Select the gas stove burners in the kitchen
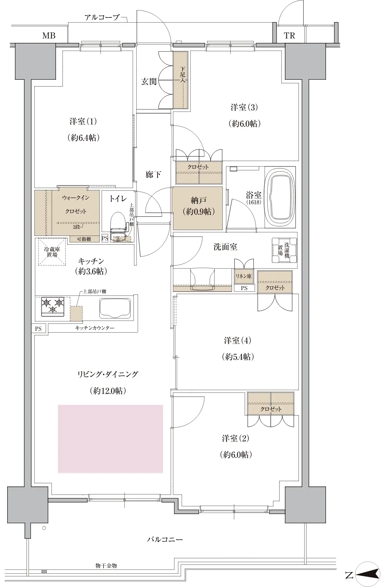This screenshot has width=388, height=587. [x=53, y=305]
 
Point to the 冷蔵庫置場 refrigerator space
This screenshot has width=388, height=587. [x=52, y=252]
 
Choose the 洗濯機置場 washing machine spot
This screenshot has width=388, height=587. [x=284, y=250]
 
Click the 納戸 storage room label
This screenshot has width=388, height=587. [x=198, y=206]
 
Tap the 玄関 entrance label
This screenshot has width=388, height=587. [x=149, y=82]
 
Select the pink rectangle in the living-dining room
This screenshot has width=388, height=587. [x=110, y=439]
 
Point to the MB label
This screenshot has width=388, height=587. [x=49, y=36]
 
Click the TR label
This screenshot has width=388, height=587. [x=289, y=36]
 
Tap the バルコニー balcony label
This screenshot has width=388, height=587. [x=165, y=539]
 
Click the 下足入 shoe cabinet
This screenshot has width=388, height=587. [x=181, y=80]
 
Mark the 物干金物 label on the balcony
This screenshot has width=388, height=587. [x=106, y=566]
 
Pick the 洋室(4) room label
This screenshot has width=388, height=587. [x=238, y=340]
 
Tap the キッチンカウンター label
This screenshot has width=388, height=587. [x=95, y=328]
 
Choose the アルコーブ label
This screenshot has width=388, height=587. [x=102, y=18]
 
